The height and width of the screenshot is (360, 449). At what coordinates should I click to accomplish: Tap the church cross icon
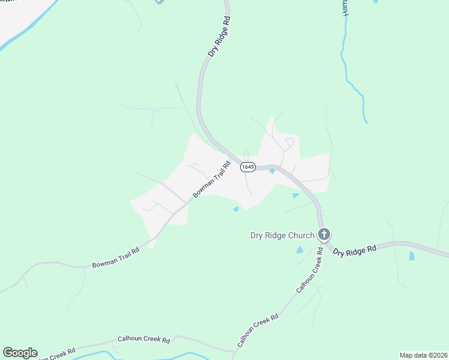point(324,235)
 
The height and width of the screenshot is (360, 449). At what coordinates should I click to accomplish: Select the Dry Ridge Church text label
point(282,235)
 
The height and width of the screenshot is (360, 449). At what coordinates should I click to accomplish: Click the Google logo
point(20,353)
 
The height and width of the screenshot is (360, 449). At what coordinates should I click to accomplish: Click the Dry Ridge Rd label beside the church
point(354,250)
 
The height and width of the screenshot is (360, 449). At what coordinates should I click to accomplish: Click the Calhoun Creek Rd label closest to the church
point(310,274)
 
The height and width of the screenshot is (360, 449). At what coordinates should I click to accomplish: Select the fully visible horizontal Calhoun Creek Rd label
point(143,340)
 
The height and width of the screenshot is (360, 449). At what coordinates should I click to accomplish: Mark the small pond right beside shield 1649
point(272,172)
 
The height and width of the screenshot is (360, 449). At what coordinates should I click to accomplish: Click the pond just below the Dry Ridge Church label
point(300,250)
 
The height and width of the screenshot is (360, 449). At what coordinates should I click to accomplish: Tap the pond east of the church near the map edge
point(411,256)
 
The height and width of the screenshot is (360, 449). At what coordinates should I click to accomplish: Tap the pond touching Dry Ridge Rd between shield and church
point(295,195)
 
